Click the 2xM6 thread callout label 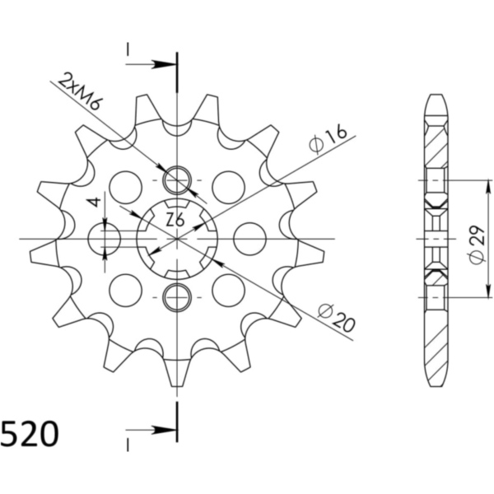[80, 91]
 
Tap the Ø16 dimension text [328, 140]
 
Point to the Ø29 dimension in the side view [478, 245]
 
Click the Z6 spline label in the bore [175, 220]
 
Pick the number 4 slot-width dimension [96, 202]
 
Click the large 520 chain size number [30, 434]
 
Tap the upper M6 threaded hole [177, 180]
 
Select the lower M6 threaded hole [177, 297]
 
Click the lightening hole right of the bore [250, 239]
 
